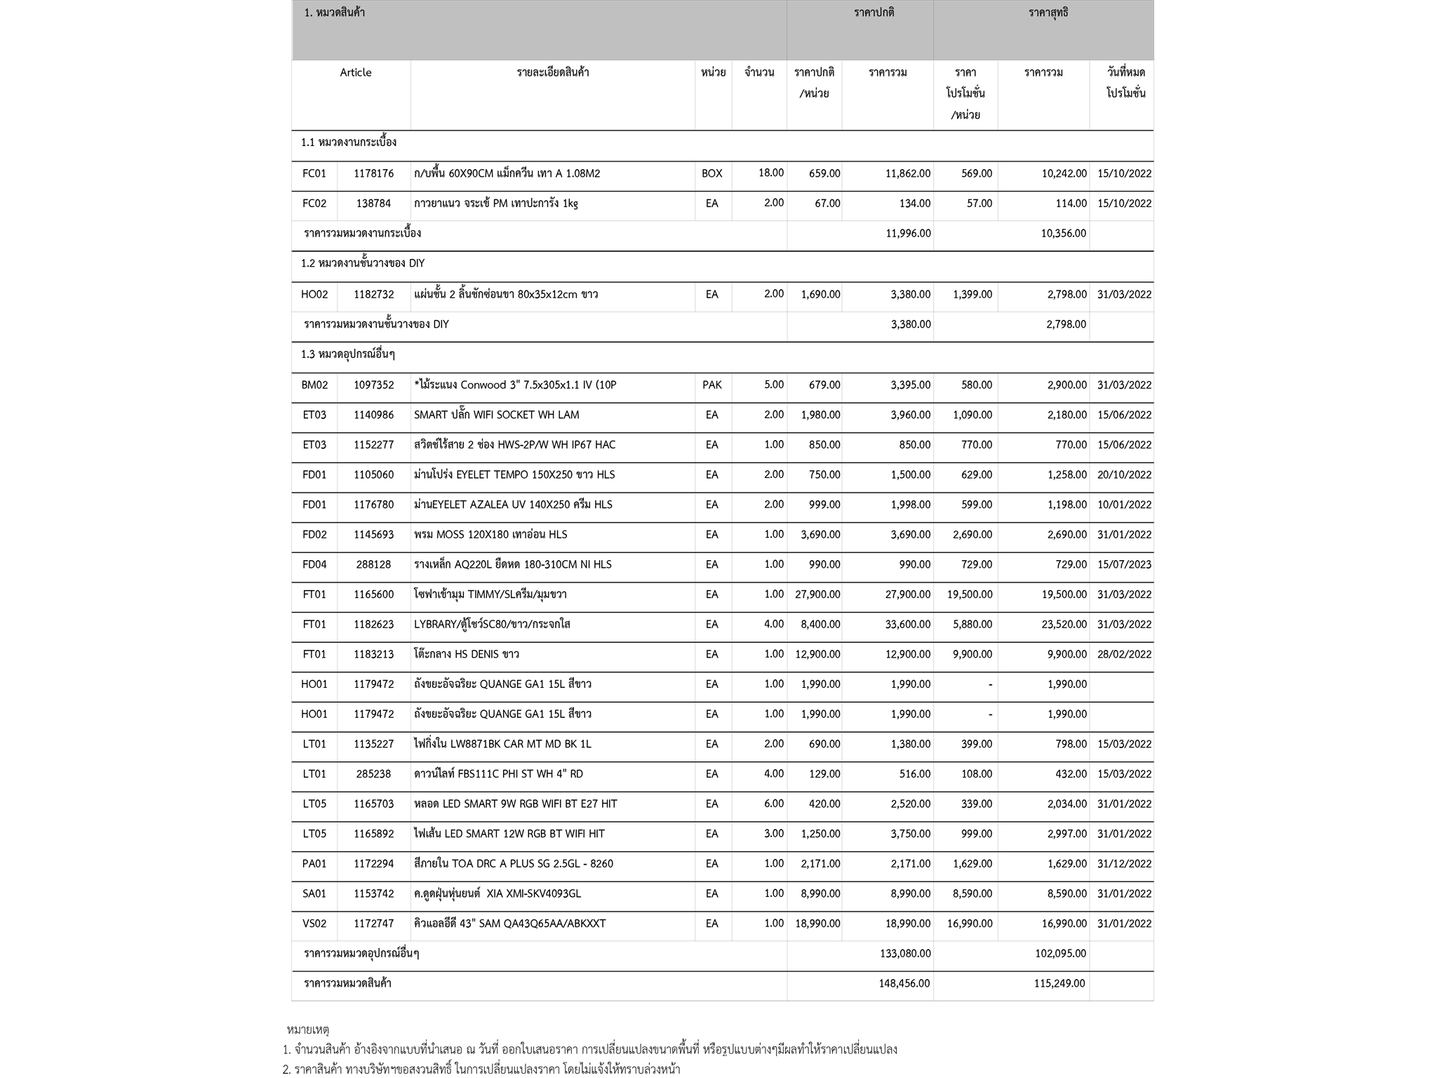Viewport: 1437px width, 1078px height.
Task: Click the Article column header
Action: coord(356,72)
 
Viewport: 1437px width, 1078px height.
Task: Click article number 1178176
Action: coord(374,173)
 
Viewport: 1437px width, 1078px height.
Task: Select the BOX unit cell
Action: coord(711,173)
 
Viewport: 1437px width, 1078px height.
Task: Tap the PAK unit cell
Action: coord(711,385)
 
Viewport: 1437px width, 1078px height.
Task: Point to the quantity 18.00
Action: coord(770,173)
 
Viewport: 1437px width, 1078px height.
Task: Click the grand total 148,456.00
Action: coord(904,983)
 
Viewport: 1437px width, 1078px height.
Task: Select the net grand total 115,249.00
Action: coord(1060,983)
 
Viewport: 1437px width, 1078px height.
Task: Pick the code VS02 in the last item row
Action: coord(314,924)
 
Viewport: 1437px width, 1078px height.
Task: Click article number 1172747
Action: coord(374,924)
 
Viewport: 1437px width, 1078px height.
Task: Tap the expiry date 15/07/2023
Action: coord(1124,564)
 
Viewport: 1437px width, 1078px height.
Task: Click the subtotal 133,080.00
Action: coord(905,953)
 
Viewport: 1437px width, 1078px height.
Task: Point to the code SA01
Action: coord(314,893)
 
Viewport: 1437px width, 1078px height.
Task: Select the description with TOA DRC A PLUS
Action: coord(514,863)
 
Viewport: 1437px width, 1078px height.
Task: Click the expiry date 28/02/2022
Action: coord(1124,654)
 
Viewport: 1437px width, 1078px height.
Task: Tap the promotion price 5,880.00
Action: coord(973,624)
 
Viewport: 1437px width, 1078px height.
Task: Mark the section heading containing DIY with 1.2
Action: coord(363,263)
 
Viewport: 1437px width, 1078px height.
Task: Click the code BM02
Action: coord(314,385)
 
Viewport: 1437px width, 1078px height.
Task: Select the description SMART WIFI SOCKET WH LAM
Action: coord(497,415)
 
